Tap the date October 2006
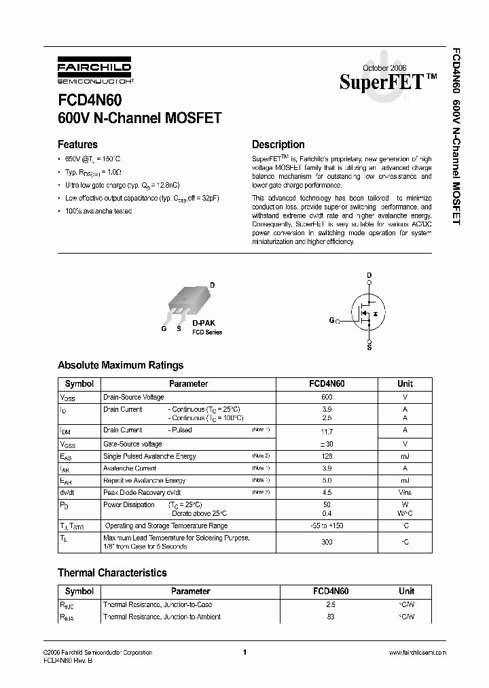[385, 68]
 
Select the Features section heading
[77, 144]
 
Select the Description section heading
[278, 144]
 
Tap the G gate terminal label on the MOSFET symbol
[331, 320]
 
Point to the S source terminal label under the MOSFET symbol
[369, 347]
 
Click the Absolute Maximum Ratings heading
[120, 365]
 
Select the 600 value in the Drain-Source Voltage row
[327, 397]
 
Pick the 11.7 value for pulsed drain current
[327, 432]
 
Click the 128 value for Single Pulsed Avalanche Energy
[327, 456]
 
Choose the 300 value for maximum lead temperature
[327, 543]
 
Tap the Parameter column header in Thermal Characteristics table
[190, 591]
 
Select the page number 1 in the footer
[244, 652]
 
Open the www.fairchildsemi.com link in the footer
[417, 652]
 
